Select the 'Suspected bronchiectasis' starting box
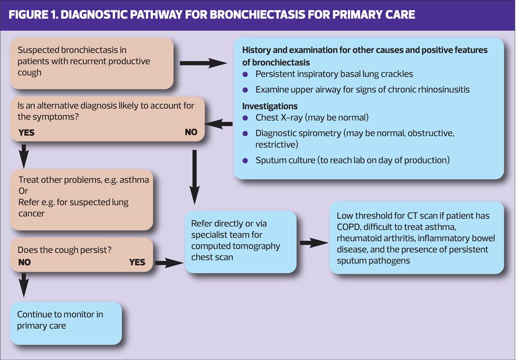(92, 61)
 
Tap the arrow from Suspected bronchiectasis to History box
(203, 64)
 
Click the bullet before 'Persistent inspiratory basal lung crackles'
(246, 74)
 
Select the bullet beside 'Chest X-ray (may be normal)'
(246, 118)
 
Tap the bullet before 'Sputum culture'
(246, 161)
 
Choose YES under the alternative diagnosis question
(26, 133)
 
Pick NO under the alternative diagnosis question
(191, 132)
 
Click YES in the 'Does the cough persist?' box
(137, 262)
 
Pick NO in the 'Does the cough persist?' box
(24, 262)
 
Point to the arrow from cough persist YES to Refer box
(169, 263)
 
